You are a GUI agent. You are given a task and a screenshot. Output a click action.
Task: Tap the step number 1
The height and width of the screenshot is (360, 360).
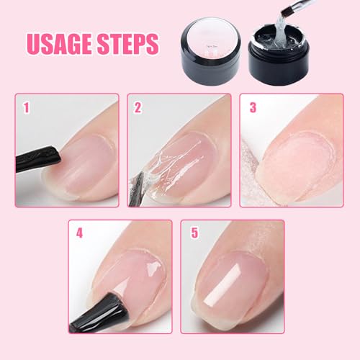pyautogui.click(x=26, y=109)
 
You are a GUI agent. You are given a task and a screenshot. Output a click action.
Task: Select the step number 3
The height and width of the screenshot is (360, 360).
pyautogui.click(x=252, y=109)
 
